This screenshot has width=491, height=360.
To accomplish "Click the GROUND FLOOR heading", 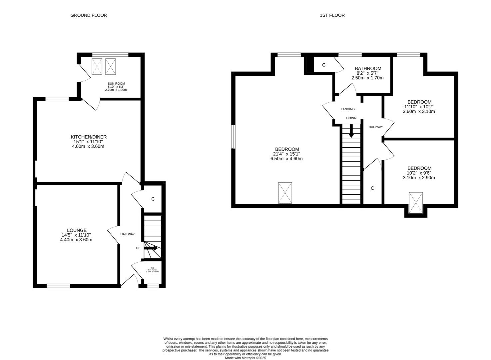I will pyautogui.click(x=89, y=15).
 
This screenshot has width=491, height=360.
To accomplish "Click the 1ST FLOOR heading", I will pyautogui.click(x=332, y=15).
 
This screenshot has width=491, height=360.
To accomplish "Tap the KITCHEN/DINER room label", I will pyautogui.click(x=89, y=137).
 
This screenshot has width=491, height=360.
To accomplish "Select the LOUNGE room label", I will pyautogui.click(x=77, y=230).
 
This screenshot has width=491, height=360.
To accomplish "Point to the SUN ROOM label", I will pyautogui.click(x=116, y=84).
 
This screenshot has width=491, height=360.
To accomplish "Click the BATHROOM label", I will pyautogui.click(x=368, y=69).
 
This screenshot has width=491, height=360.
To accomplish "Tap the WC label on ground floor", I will pyautogui.click(x=153, y=268).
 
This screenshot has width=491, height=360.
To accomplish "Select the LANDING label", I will pyautogui.click(x=347, y=109).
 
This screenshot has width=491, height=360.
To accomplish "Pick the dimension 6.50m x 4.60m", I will pyautogui.click(x=286, y=159).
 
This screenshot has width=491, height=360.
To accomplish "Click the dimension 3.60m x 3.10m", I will pyautogui.click(x=419, y=111).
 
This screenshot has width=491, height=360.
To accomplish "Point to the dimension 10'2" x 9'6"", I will pyautogui.click(x=419, y=173).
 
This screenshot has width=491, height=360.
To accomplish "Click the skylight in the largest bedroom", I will pyautogui.click(x=285, y=193).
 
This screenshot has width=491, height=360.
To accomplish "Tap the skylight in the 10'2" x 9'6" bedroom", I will pyautogui.click(x=415, y=202).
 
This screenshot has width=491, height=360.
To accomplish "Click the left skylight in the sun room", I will pyautogui.click(x=97, y=67).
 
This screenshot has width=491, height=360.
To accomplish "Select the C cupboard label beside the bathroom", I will pyautogui.click(x=324, y=65).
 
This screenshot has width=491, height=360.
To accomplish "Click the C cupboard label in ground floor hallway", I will pyautogui.click(x=153, y=199).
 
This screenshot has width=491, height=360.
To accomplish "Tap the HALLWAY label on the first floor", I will pyautogui.click(x=375, y=127).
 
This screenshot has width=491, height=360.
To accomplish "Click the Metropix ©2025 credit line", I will pyautogui.click(x=245, y=358).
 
